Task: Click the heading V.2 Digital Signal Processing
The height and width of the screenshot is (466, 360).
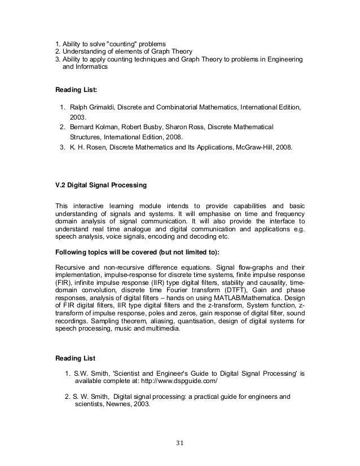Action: (100, 184)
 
